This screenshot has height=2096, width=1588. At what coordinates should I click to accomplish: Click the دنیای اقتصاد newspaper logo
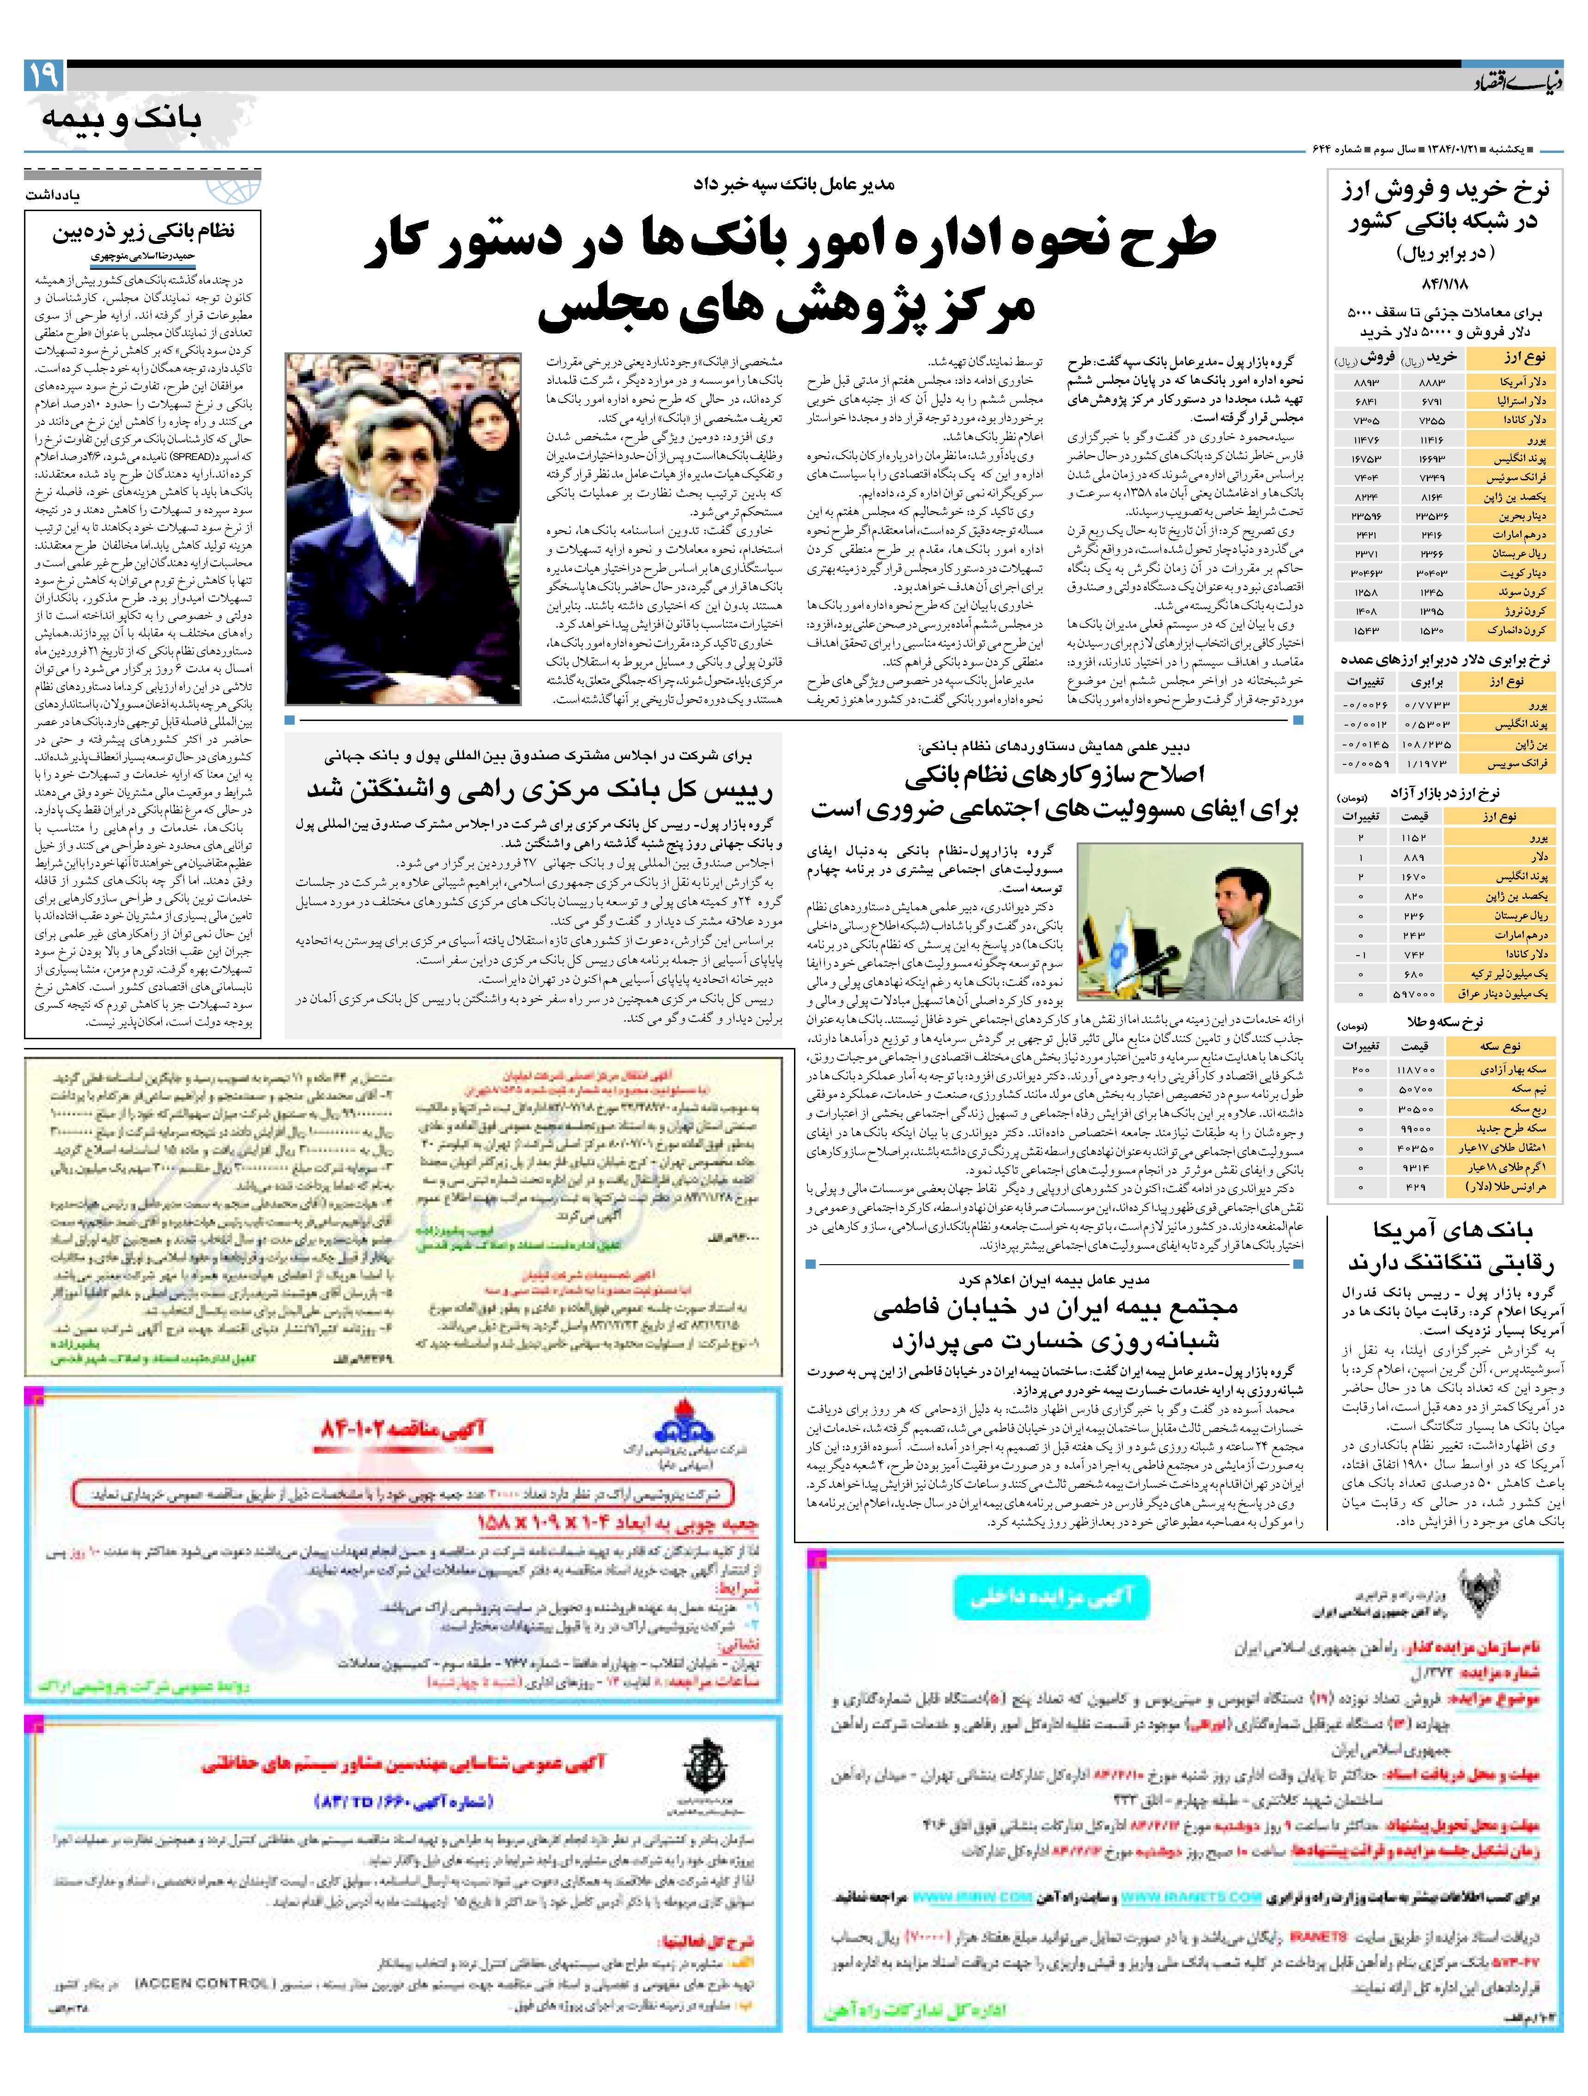[x=1516, y=81]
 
